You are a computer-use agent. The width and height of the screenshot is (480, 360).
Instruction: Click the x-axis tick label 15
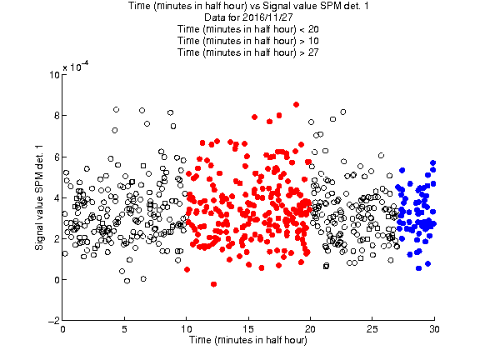tap(248, 329)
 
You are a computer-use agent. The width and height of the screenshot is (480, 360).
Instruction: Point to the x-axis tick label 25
tap(372, 329)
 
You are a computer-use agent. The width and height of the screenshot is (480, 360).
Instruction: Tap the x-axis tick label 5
tap(124, 329)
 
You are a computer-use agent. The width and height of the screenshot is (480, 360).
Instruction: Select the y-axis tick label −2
tap(53, 321)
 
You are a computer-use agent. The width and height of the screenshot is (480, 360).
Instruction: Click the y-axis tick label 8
tap(57, 116)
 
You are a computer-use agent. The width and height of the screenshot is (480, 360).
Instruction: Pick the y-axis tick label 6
tap(57, 157)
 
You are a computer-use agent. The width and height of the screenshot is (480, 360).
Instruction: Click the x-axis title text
tap(248, 340)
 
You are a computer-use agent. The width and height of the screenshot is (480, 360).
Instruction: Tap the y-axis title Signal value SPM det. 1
tap(39, 197)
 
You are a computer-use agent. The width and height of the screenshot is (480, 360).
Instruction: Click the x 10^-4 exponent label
tap(76, 66)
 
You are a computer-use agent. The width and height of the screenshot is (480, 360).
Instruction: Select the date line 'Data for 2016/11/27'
tap(248, 17)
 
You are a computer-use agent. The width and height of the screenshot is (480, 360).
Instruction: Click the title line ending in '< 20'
tap(248, 29)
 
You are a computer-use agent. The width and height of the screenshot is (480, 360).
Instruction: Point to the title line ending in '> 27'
tap(248, 52)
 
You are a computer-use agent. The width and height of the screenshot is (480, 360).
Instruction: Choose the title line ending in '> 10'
tap(248, 41)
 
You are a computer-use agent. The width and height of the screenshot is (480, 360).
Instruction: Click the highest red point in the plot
tap(296, 105)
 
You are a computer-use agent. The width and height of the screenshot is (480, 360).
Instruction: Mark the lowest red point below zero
tap(213, 284)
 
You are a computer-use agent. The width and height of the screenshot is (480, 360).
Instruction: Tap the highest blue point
tap(432, 162)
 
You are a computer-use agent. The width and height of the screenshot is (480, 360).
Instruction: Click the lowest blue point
tap(419, 268)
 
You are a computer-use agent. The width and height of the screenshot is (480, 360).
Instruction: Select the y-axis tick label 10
tap(54, 75)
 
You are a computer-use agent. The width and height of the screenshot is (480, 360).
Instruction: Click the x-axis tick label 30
tap(434, 329)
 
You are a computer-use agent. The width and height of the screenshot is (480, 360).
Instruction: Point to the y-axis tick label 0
tap(57, 280)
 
